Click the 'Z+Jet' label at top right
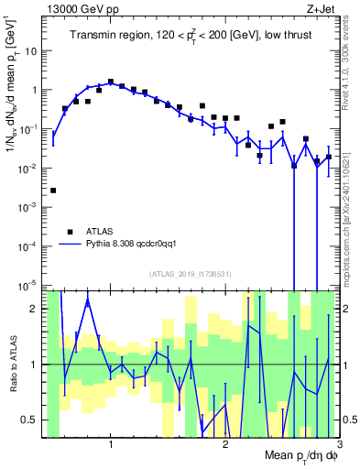[320, 8]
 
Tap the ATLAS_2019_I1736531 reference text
[191, 273]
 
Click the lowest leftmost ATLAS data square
[53, 191]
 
